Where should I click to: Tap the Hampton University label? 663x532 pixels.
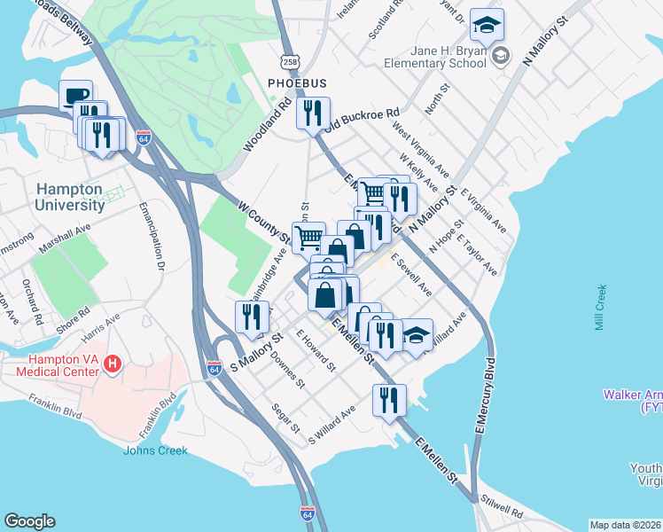click(x=71, y=197)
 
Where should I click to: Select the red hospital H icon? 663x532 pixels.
click(x=113, y=363)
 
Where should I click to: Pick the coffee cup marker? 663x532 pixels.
click(x=76, y=96)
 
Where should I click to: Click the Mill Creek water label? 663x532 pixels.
click(x=601, y=308)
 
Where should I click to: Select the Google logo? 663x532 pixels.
click(x=30, y=521)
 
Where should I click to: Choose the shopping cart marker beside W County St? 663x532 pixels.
click(x=308, y=237)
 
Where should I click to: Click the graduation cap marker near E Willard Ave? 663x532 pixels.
click(x=417, y=335)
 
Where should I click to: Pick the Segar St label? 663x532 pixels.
click(x=286, y=417)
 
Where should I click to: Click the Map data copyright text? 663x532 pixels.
click(x=625, y=525)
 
